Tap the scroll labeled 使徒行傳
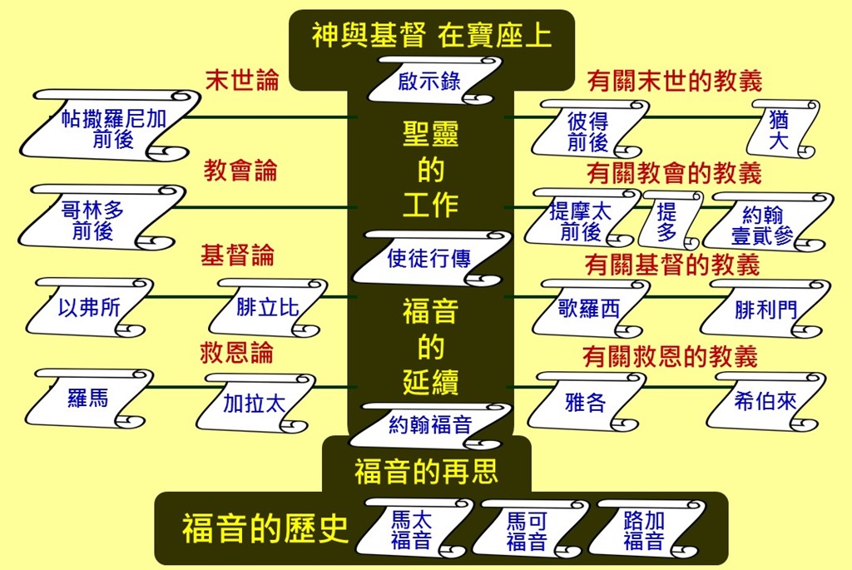tap(429, 259)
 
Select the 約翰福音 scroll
tap(430, 425)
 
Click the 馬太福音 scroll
tap(413, 530)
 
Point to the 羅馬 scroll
tap(88, 398)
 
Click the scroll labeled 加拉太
tap(255, 403)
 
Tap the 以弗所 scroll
tap(89, 308)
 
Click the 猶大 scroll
tap(780, 130)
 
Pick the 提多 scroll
tap(667, 221)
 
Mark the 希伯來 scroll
tap(765, 401)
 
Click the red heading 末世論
tap(241, 79)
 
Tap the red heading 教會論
tap(240, 171)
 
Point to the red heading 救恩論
tap(236, 352)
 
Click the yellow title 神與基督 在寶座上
tap(432, 36)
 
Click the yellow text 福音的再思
tap(426, 472)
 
